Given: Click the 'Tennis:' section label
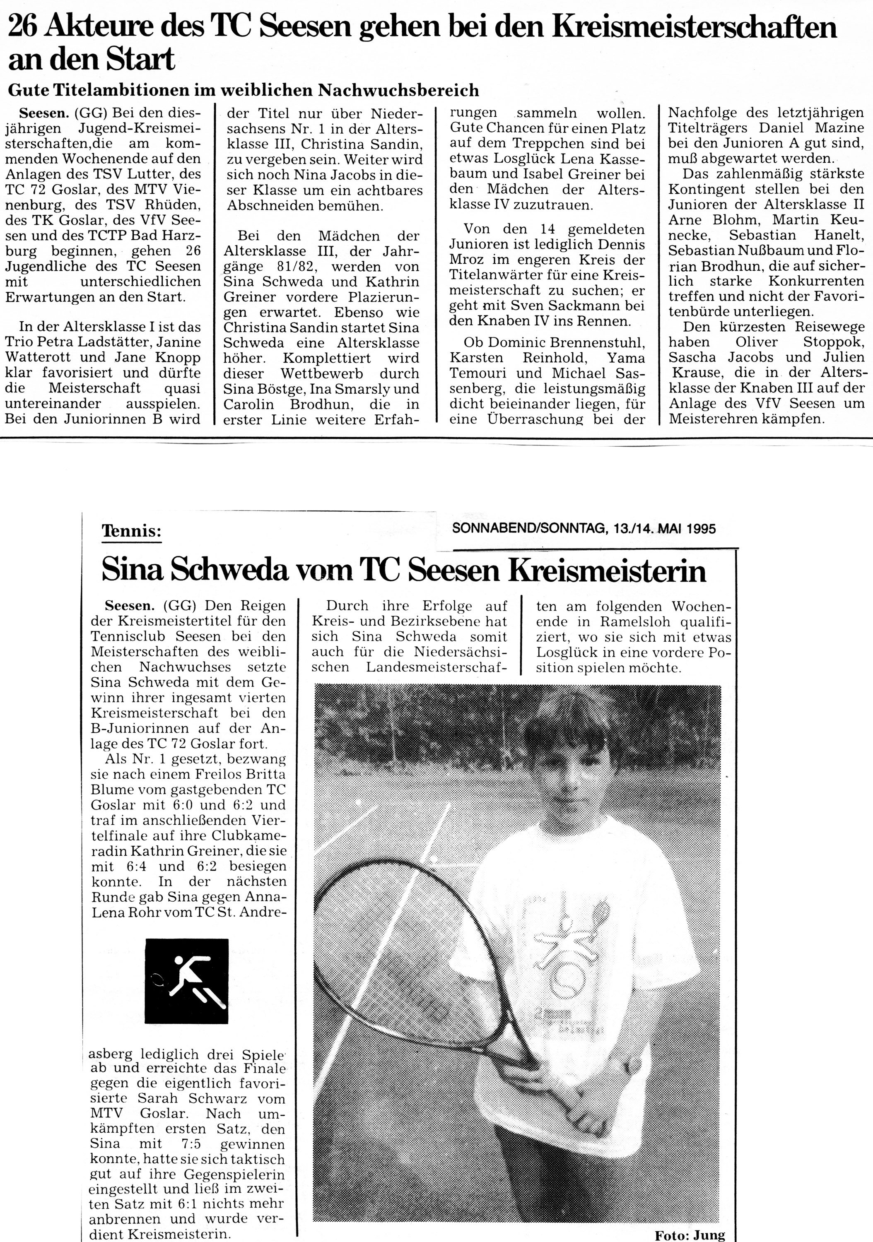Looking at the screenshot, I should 132,531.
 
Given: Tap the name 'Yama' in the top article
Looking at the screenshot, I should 626,358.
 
